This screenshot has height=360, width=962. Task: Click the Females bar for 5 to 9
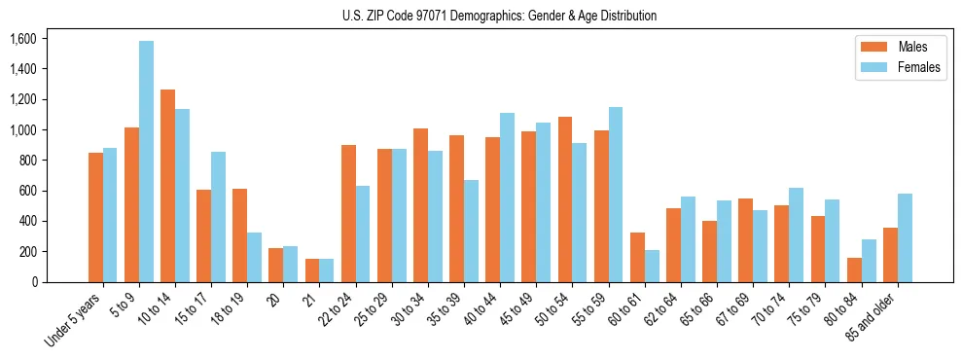146,162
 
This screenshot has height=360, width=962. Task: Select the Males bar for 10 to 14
167,186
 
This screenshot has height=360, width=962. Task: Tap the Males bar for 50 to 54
565,199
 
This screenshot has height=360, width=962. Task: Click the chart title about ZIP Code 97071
499,16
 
